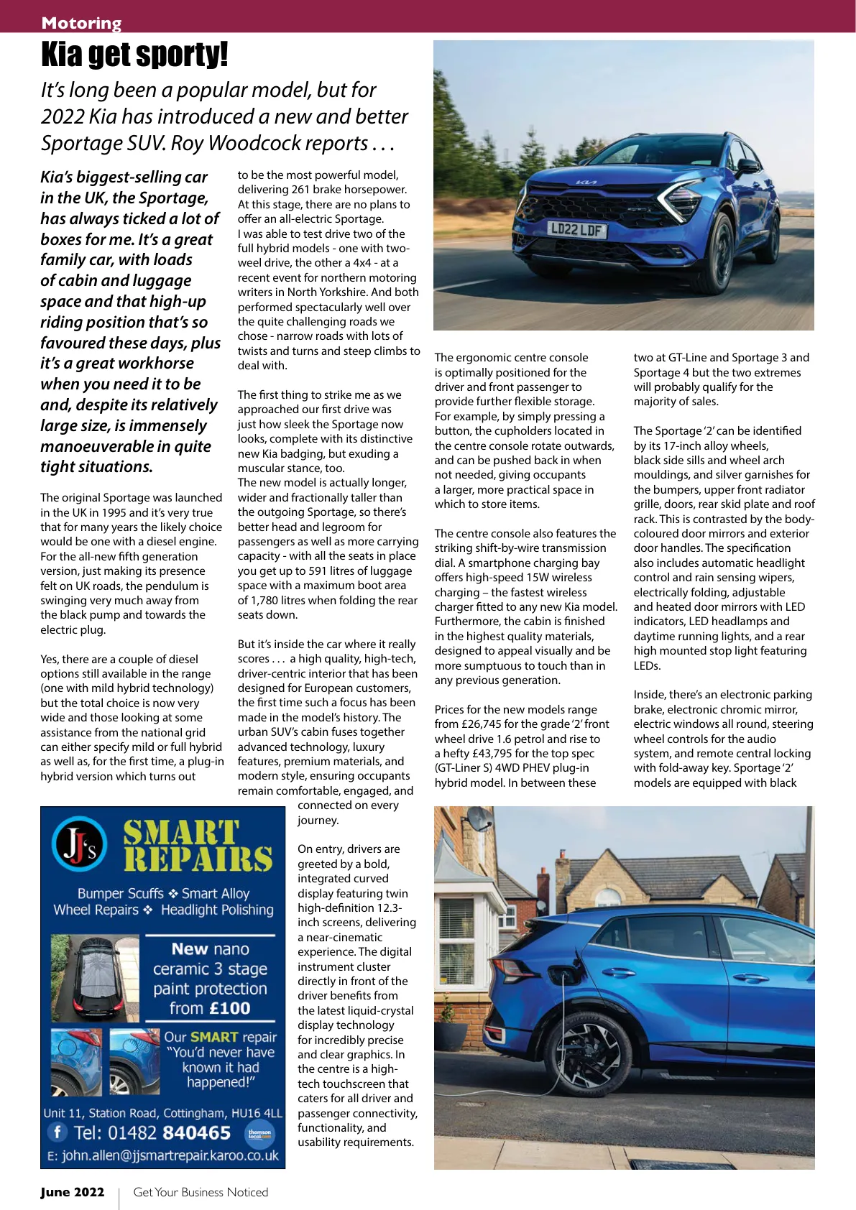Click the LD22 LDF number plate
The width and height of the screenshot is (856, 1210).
[576, 230]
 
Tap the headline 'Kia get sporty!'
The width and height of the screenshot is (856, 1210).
[134, 55]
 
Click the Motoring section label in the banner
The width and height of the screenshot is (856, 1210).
[81, 23]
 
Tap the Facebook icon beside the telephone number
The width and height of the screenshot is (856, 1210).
[57, 1132]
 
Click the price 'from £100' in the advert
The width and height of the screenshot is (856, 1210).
[210, 1009]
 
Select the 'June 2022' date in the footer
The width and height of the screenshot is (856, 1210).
[73, 1193]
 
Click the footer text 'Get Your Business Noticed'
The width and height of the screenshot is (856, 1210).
[201, 1193]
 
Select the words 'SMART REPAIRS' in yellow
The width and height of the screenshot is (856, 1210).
[198, 846]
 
